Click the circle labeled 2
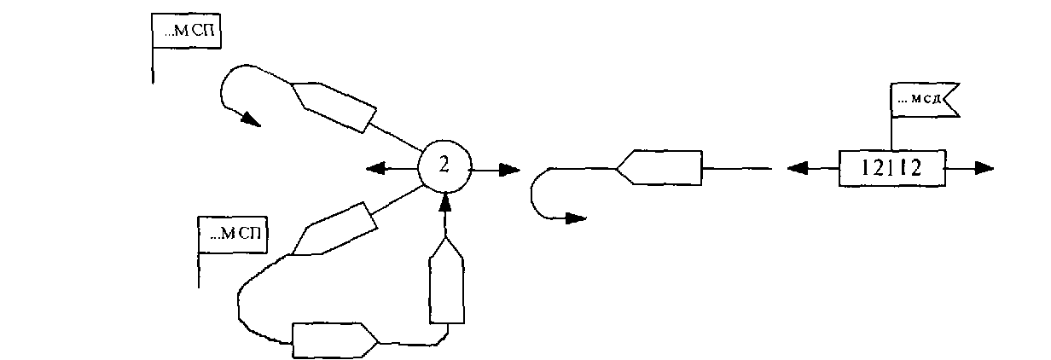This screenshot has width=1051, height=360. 444,168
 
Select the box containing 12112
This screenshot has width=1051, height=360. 891,169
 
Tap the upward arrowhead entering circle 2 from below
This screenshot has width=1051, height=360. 444,201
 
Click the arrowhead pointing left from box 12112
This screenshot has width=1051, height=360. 797,169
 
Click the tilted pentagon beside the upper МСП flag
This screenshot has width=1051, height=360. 334,105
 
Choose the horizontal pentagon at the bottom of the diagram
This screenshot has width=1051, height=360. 334,340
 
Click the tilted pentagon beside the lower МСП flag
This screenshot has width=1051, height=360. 334,229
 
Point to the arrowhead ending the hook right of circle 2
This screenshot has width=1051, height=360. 577,218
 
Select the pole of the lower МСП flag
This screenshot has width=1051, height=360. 199,269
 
